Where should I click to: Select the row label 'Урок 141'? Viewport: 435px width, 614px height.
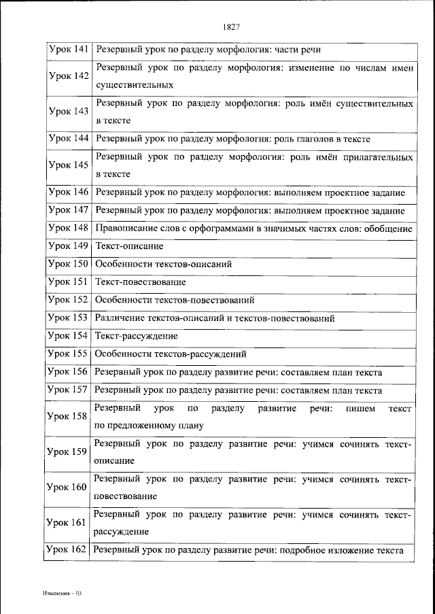pyautogui.click(x=69, y=50)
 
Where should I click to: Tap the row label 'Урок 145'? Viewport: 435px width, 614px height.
pyautogui.click(x=69, y=165)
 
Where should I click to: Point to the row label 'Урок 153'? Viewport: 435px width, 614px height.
pyautogui.click(x=69, y=318)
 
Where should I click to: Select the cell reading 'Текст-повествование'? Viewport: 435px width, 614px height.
pyautogui.click(x=141, y=282)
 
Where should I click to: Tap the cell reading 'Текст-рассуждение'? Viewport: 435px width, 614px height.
pyautogui.click(x=137, y=336)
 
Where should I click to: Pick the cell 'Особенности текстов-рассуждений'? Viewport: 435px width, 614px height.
pyautogui.click(x=171, y=354)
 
